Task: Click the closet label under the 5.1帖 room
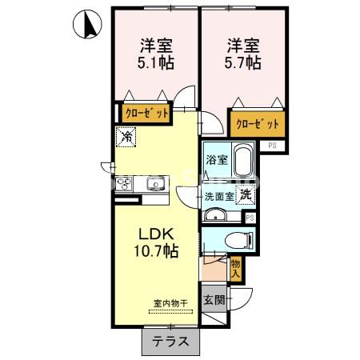click(x=146, y=113)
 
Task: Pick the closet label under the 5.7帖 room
click(x=257, y=124)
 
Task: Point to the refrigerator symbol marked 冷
click(x=127, y=138)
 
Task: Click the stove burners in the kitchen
click(x=126, y=185)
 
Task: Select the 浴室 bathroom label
click(x=216, y=159)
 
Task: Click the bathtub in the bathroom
click(x=242, y=163)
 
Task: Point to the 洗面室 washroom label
click(x=218, y=195)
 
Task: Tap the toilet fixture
click(x=238, y=238)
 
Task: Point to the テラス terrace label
click(x=170, y=341)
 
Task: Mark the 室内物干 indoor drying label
click(x=170, y=303)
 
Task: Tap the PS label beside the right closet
click(x=272, y=145)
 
